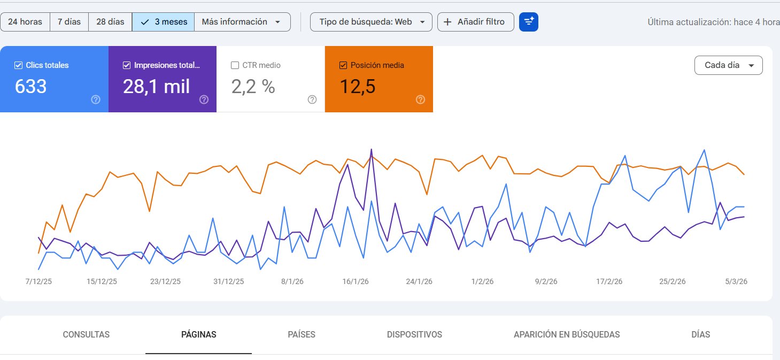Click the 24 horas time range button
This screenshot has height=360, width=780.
[25, 22]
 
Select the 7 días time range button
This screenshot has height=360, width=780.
[69, 22]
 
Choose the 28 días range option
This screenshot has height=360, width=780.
[110, 22]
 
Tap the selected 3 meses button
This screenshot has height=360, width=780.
[164, 22]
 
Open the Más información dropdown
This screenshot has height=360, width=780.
[242, 22]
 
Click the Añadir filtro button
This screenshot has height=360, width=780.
[475, 22]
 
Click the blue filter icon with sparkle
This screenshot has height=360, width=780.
[529, 22]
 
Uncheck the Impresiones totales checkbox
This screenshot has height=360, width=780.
[127, 65]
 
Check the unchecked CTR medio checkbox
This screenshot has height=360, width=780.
[235, 65]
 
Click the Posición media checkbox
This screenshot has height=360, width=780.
[343, 65]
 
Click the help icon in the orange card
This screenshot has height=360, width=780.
[420, 99]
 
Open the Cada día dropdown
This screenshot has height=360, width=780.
[728, 65]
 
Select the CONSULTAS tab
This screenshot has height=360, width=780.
[86, 335]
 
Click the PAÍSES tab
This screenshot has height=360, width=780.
[302, 335]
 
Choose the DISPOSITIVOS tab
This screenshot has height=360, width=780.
[414, 335]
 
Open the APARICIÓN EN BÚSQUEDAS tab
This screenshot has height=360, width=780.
[566, 335]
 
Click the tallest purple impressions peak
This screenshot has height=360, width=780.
[371, 150]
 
